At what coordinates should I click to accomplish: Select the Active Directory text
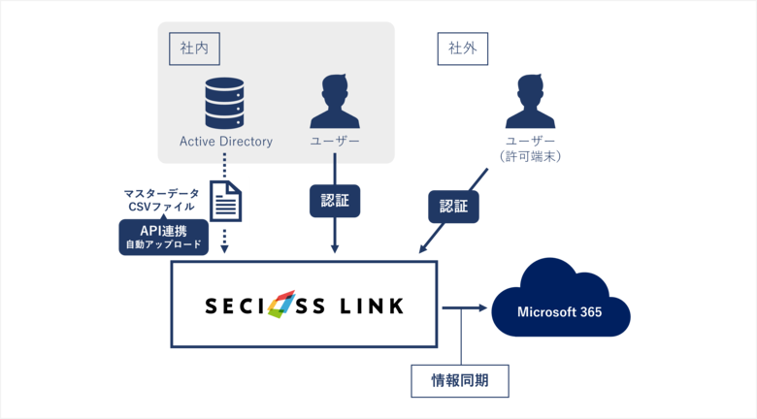[x=226, y=142]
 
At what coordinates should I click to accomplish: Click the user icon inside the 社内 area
[x=334, y=101]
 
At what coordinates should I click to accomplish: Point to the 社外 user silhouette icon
[x=530, y=101]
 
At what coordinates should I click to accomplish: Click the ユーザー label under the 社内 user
[x=335, y=142]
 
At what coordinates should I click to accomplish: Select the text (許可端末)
[x=530, y=156]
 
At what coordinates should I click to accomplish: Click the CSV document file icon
[x=225, y=201]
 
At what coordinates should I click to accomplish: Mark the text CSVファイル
[x=161, y=207]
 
